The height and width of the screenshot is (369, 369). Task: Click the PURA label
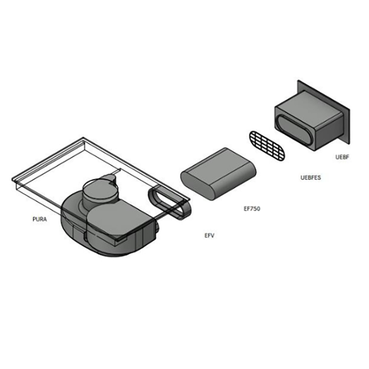pos(40,219)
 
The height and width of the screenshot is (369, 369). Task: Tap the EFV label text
pos(209,235)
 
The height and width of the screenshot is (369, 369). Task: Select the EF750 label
pos(251,209)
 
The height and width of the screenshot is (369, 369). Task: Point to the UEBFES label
pos(310,178)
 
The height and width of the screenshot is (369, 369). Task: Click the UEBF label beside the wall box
pos(342,157)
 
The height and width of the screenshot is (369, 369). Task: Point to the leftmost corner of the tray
pos(12,181)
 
